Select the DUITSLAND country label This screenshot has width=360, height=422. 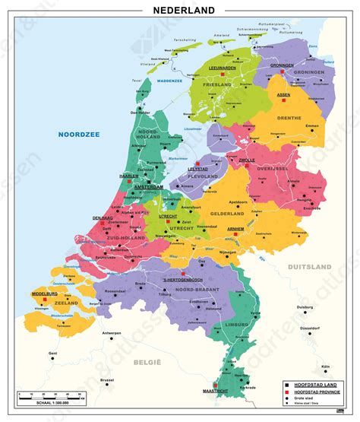(x=310, y=268)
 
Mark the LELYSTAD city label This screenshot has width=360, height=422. (x=198, y=170)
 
